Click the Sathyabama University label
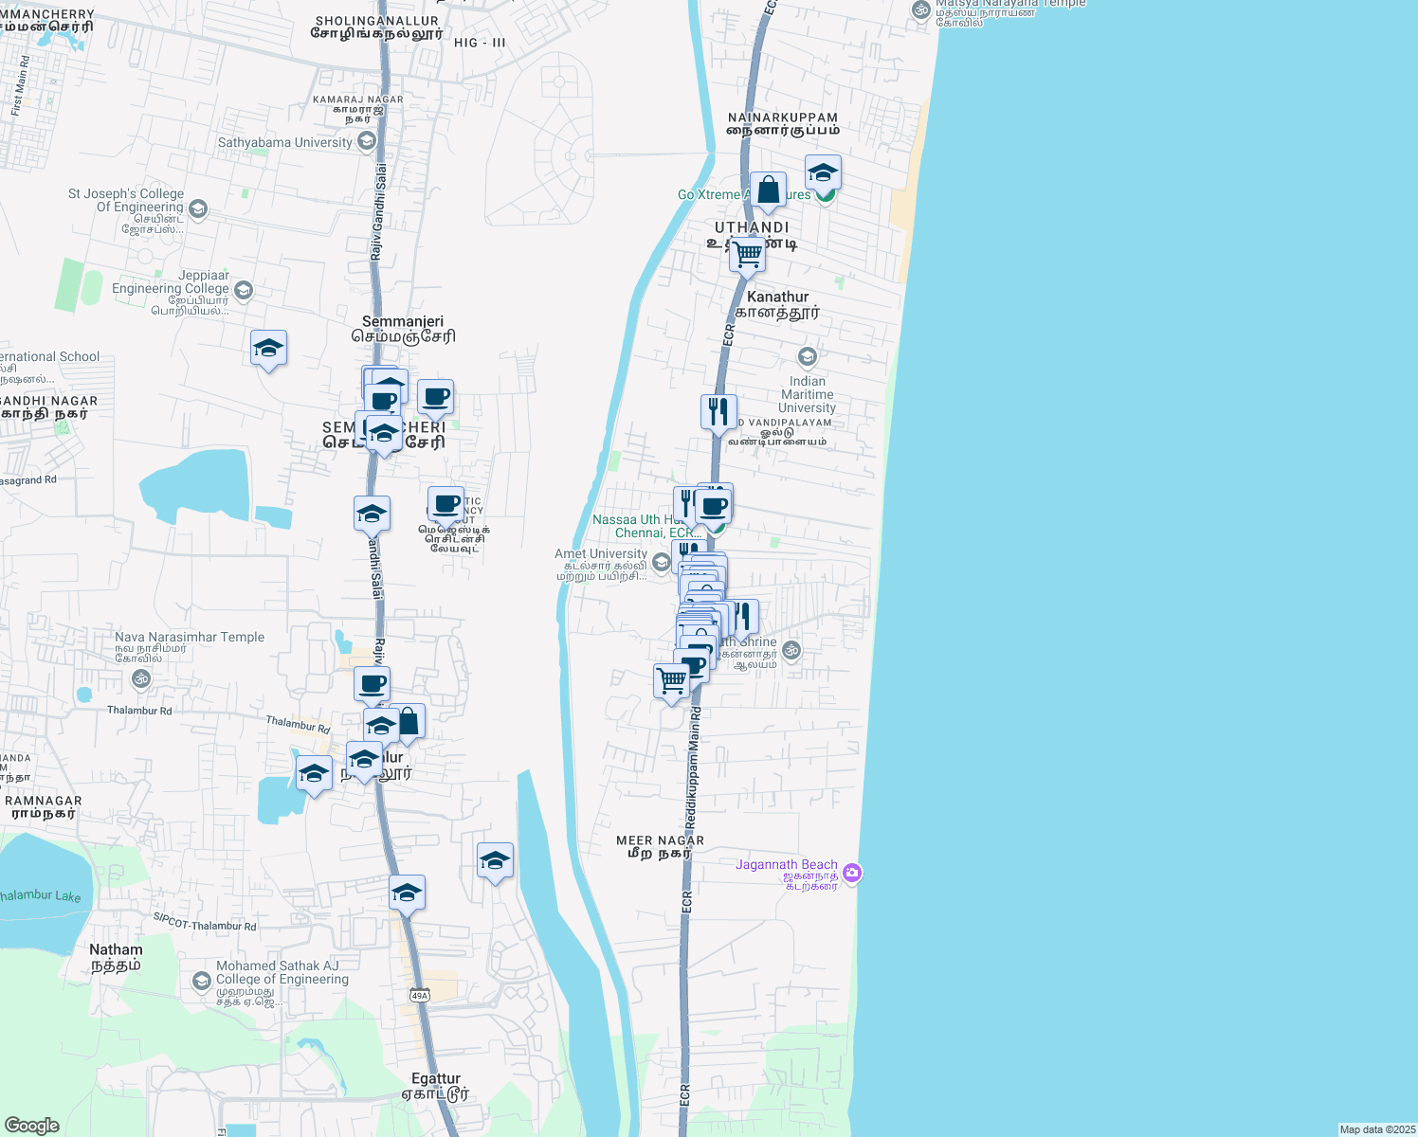tap(284, 143)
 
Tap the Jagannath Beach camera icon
tap(852, 874)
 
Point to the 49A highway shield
tap(420, 995)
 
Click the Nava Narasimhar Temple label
tap(190, 638)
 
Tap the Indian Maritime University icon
tap(808, 357)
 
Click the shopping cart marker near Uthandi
tap(747, 254)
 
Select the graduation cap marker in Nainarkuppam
tap(823, 172)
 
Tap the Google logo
tap(31, 1126)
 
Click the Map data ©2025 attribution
tap(1376, 1129)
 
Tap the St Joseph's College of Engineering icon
tap(198, 208)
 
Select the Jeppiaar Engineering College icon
tap(244, 290)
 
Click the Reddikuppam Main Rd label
tap(693, 767)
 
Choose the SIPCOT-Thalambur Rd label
tap(205, 922)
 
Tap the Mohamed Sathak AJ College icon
tap(201, 981)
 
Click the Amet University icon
tap(661, 562)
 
